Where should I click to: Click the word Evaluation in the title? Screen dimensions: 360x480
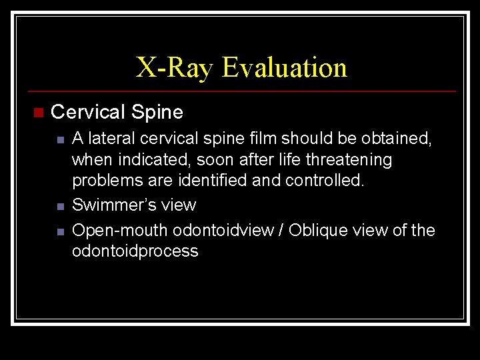tap(285, 67)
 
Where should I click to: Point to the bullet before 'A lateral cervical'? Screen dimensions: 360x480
tap(60, 140)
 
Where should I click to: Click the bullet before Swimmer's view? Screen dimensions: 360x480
tap(60, 206)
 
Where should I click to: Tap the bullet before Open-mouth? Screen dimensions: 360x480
tap(60, 231)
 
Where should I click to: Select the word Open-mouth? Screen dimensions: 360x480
tap(120, 231)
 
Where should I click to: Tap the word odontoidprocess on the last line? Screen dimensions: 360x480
tap(135, 251)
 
